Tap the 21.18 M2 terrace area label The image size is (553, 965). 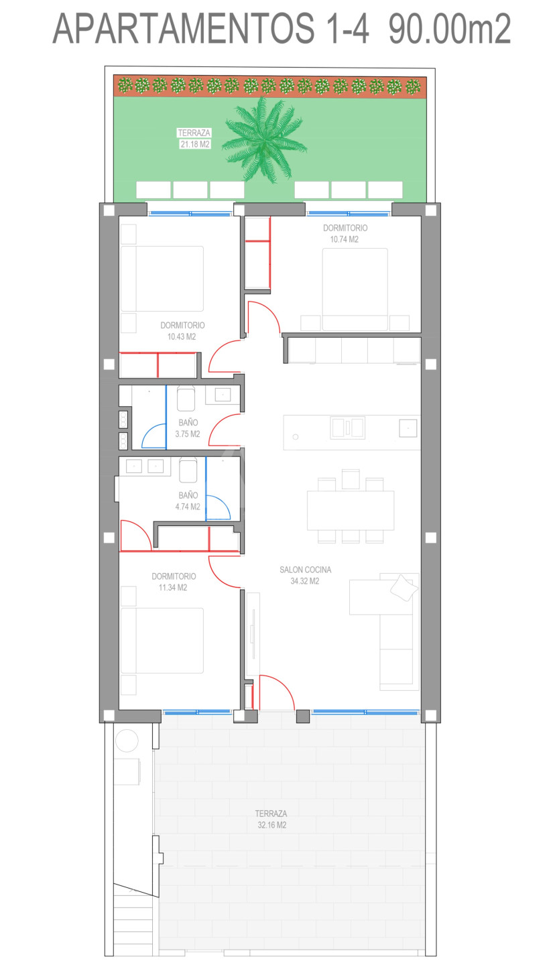(195, 144)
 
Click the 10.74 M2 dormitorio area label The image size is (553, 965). (344, 239)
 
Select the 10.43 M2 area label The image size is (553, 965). (182, 337)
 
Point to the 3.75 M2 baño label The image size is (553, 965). (188, 434)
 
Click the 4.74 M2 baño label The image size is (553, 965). (188, 507)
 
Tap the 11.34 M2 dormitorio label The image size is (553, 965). (173, 588)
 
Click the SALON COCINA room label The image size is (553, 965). (305, 570)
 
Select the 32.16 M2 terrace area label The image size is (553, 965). (272, 825)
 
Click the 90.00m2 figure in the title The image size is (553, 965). (450, 28)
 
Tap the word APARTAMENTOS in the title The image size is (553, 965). (184, 28)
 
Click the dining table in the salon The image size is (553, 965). (351, 511)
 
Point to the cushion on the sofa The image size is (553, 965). (404, 588)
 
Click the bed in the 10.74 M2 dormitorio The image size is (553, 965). (355, 289)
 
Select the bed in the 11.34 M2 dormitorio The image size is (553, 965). (162, 640)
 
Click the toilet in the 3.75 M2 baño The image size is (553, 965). (186, 399)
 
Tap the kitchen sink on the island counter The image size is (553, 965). (347, 428)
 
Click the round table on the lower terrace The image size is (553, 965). (127, 741)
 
